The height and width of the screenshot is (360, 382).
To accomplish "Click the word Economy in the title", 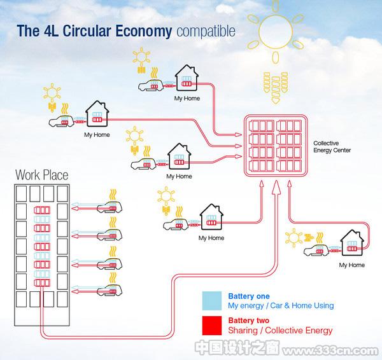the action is coord(143,31).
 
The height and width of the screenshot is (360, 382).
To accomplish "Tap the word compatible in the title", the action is coord(206,31).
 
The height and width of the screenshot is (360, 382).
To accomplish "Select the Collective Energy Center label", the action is coord(332,146).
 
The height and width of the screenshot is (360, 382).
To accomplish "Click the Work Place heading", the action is coord(41,175).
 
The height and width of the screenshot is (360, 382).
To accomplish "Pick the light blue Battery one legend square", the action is coord(212,301).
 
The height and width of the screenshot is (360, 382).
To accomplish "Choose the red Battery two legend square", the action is coord(212,326).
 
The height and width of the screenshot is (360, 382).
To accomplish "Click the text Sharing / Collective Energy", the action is coord(280,330).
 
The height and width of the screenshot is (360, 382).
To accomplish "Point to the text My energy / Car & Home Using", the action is coord(281,305).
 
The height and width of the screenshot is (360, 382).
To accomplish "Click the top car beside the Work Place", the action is coord(110,207).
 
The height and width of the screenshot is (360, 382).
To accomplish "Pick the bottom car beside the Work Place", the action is coord(110,290).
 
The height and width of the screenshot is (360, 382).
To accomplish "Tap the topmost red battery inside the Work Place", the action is coord(42,211).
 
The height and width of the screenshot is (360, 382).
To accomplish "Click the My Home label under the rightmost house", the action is coord(352,265).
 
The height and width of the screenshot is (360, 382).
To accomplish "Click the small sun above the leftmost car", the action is coord(52,92).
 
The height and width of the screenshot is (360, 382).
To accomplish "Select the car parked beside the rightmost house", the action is coord(316,250).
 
